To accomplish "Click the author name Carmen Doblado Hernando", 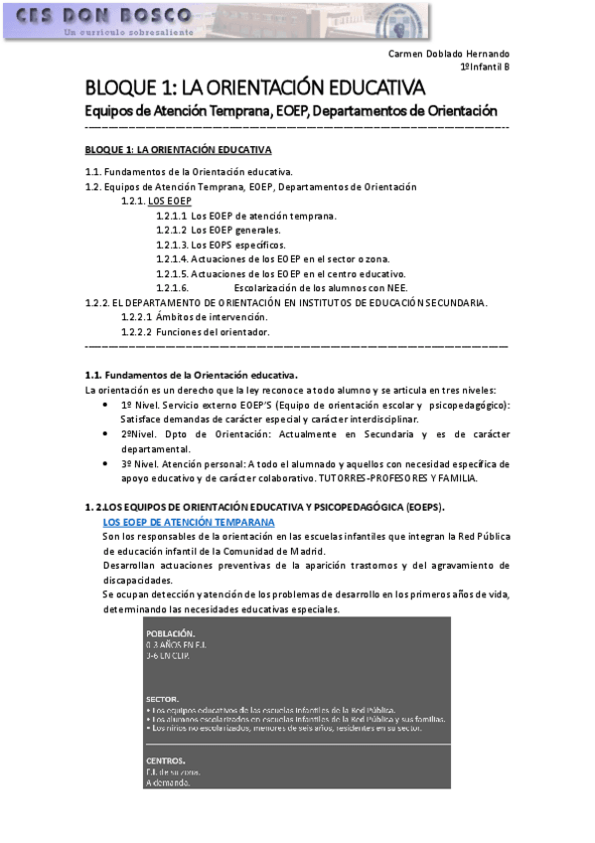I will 448,54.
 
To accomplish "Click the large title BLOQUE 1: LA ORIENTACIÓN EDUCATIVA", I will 255,87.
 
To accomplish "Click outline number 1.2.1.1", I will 171,216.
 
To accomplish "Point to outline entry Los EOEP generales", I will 236,230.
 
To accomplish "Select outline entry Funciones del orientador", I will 213,332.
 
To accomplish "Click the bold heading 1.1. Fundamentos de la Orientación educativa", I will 192,375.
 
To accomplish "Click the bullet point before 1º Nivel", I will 107,406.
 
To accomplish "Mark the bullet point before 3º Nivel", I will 107,464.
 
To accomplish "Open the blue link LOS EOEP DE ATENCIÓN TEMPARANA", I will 189,522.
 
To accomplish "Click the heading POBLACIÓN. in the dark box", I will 170,633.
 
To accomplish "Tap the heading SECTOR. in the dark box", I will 162,699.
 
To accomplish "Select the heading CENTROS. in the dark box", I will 165,761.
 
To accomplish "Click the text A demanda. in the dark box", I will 168,782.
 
